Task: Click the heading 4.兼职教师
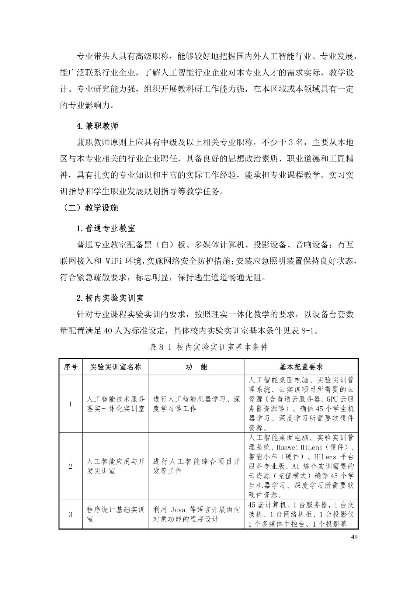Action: tap(97, 126)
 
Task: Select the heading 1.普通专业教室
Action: tap(105, 228)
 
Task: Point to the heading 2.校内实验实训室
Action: tap(110, 297)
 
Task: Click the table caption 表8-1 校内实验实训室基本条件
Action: tap(209, 347)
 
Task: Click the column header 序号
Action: tap(70, 367)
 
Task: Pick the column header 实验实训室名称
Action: tap(115, 367)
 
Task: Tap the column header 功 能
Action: tap(196, 367)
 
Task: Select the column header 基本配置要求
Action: tap(301, 367)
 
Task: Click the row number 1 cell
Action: tap(70, 404)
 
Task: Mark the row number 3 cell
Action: tap(70, 514)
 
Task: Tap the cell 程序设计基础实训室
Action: tap(115, 514)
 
